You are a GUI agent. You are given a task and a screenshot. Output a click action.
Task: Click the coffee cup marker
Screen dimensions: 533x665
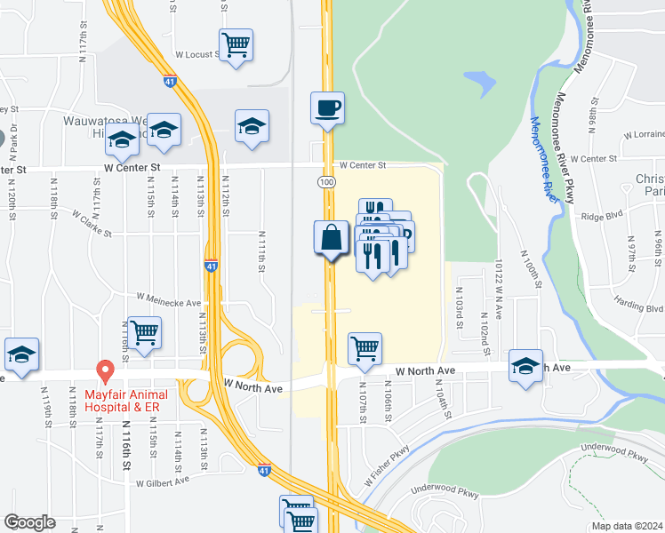[327, 108]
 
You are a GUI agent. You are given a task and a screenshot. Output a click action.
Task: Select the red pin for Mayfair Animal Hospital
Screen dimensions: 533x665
[105, 369]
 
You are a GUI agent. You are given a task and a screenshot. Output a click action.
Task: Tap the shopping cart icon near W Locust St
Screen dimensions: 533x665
[236, 44]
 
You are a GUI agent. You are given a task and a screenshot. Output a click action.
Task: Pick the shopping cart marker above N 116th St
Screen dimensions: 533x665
[144, 333]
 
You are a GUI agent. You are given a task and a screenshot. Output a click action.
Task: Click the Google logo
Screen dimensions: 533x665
[29, 522]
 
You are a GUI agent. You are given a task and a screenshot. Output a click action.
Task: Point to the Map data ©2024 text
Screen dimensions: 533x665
[627, 526]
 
